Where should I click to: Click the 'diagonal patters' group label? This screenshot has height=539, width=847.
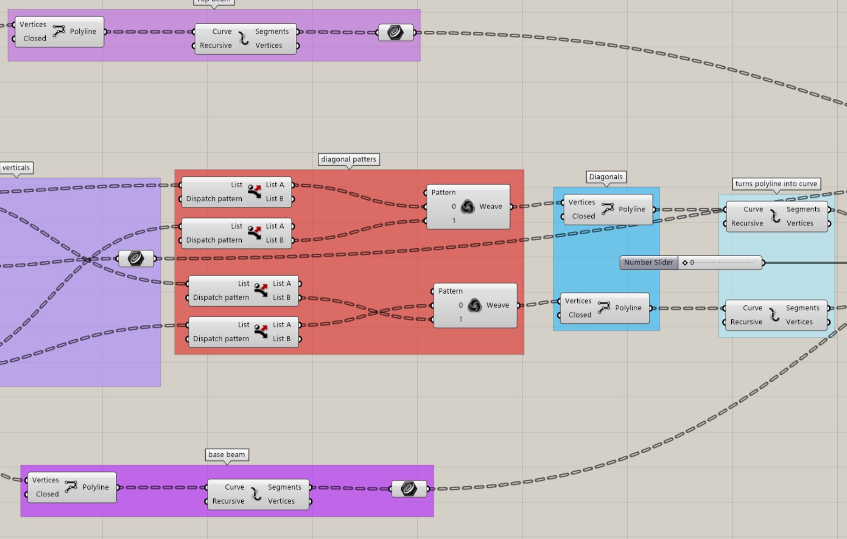click(x=349, y=160)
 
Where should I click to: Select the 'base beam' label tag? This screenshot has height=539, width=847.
click(x=227, y=455)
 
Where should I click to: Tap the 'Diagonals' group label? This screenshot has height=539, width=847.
click(x=606, y=177)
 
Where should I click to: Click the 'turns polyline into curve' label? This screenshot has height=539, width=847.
click(x=776, y=184)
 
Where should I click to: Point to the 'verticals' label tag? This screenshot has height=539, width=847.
click(x=16, y=168)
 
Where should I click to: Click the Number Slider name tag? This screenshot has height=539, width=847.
click(x=648, y=263)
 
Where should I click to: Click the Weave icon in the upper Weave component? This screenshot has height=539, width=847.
click(x=467, y=207)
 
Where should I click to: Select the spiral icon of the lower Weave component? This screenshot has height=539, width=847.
click(x=474, y=306)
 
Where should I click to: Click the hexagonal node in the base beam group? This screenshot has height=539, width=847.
click(x=409, y=489)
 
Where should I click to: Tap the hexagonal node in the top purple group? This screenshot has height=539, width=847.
click(x=395, y=33)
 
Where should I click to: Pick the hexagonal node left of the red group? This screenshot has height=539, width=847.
click(x=136, y=259)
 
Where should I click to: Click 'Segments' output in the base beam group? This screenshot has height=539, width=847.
click(x=284, y=487)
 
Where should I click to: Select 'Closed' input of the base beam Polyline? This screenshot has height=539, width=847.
click(x=47, y=494)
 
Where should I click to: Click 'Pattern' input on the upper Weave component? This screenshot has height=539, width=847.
click(x=443, y=192)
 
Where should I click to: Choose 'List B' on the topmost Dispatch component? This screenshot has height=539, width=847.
click(x=275, y=199)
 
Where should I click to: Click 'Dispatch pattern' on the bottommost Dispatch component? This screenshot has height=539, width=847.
click(x=221, y=339)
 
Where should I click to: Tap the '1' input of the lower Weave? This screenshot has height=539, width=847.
click(x=461, y=319)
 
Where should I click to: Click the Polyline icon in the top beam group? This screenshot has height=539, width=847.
click(x=59, y=31)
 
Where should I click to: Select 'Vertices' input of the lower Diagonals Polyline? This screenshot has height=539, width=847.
click(x=578, y=301)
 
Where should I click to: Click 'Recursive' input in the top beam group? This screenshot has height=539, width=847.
click(x=216, y=46)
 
